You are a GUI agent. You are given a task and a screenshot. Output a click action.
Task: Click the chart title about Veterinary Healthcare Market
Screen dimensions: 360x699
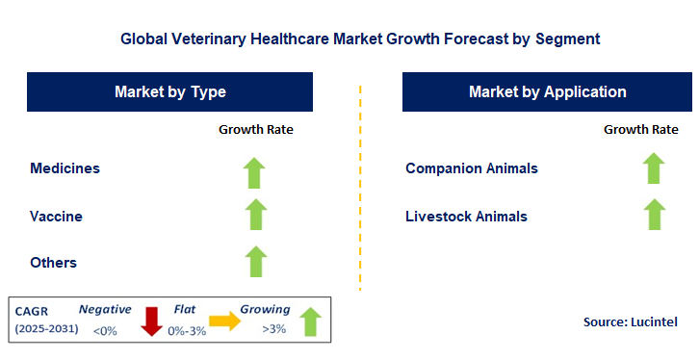360,39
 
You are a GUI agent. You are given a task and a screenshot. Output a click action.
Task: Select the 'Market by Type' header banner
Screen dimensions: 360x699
169,92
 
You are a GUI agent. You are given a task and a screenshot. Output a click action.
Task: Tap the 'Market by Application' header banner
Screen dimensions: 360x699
547,92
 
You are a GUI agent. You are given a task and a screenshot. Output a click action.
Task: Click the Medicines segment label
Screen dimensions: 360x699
65,168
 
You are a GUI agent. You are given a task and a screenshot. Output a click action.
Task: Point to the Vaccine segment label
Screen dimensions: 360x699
57,216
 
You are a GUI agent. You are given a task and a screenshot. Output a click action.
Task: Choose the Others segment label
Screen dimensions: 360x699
54,262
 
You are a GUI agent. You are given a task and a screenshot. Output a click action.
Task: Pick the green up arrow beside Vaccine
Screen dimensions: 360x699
254,215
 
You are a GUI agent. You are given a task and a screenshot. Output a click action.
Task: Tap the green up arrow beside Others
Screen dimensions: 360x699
254,261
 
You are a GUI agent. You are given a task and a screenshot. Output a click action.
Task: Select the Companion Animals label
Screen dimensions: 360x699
472,168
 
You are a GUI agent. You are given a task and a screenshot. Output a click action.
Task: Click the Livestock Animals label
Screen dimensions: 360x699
467,216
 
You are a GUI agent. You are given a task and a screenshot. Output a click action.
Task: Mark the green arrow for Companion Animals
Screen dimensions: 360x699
655,168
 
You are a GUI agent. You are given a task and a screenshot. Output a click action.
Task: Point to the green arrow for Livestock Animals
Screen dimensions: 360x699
655,214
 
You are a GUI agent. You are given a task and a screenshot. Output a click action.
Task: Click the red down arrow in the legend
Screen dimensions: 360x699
151,321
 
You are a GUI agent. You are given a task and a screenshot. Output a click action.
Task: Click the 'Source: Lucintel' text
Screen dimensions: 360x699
631,321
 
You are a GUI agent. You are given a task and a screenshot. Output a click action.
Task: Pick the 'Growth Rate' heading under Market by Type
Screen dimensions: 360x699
255,129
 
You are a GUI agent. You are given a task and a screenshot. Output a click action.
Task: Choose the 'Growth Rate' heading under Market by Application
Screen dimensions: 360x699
641,129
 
